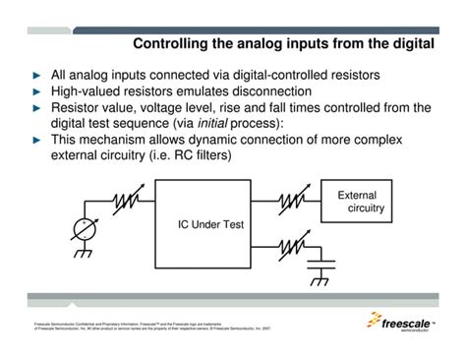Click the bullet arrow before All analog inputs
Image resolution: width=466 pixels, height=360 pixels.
click(36, 76)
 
